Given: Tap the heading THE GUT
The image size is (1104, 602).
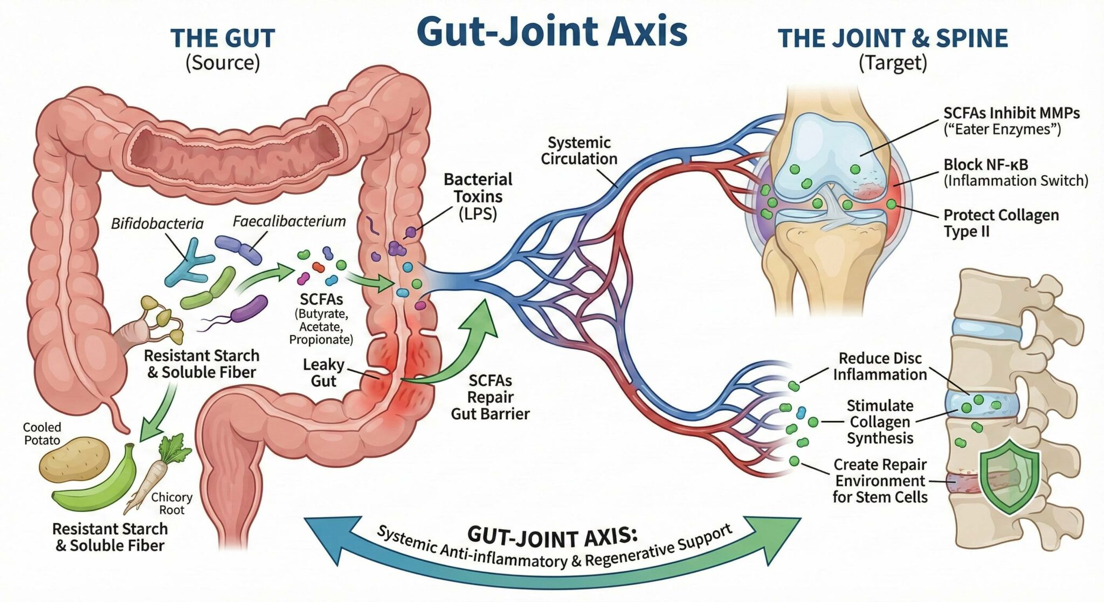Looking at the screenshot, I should coord(223,39).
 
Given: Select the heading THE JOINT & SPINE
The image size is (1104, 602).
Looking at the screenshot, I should coord(892,39).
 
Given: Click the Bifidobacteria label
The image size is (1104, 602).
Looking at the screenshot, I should coord(157,224).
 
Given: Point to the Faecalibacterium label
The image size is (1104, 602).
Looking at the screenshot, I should coord(289,221).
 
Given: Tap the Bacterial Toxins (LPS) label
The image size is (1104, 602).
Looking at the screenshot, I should coord(478,197).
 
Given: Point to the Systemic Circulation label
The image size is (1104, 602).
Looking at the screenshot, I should coord(579,151).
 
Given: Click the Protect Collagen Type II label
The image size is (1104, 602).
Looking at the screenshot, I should coord(1000,223).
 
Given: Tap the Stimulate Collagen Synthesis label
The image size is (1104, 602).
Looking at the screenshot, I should coord(880,422).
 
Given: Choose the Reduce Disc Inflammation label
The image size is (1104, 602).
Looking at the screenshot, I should coord(880,366).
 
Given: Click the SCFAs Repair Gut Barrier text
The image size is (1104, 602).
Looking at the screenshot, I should coord(490,397).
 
